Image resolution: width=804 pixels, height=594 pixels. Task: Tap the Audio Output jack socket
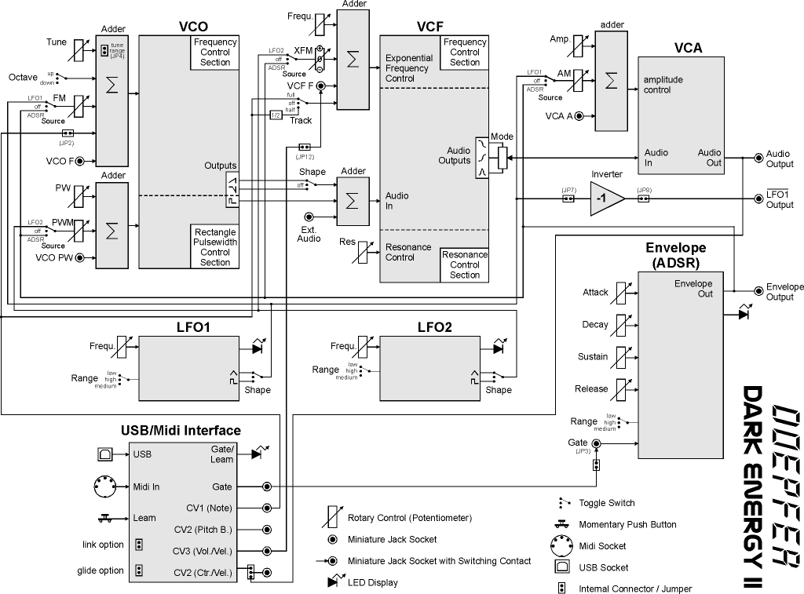coord(758,158)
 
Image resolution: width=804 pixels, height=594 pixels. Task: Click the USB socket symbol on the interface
coord(104,454)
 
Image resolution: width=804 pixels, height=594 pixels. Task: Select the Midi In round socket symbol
coord(104,486)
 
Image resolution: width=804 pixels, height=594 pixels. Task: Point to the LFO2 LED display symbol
coord(498,347)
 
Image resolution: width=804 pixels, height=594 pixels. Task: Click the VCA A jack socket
coord(579,116)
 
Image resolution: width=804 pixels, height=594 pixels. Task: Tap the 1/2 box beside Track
coord(276,115)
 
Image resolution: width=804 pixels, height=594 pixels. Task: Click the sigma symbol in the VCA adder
coord(612,82)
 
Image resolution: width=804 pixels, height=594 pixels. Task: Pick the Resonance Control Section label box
coord(465,264)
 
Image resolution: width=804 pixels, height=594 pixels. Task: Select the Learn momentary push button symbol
coord(104,517)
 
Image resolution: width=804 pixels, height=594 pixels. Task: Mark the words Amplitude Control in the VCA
coord(663,85)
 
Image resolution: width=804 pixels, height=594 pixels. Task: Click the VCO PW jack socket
coord(79,257)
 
